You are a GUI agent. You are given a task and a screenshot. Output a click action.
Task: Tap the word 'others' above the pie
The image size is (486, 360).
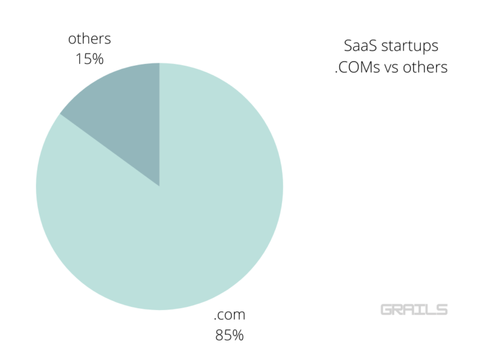tap(89, 39)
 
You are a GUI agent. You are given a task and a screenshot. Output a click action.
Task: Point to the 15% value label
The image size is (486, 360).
tap(89, 59)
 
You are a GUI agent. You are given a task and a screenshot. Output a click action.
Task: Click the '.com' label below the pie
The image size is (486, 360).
tap(229, 314)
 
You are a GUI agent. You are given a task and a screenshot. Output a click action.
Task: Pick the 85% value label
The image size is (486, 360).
tap(229, 335)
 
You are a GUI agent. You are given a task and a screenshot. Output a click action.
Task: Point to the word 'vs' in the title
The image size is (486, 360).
tap(394, 68)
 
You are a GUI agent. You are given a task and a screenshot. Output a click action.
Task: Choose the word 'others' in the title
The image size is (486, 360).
tap(427, 67)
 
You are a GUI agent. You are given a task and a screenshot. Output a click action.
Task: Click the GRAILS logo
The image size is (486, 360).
tap(414, 309)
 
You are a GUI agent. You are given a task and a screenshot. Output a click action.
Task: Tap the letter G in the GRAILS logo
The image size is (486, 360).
tap(386, 309)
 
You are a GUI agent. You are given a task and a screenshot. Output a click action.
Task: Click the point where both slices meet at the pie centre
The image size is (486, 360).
tap(159, 186)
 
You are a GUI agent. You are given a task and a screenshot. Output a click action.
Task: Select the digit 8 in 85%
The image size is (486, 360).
tap(220, 335)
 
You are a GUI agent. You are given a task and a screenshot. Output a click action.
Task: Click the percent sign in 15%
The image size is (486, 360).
tap(98, 59)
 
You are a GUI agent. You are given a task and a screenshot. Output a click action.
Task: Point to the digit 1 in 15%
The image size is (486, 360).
tap(78, 59)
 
